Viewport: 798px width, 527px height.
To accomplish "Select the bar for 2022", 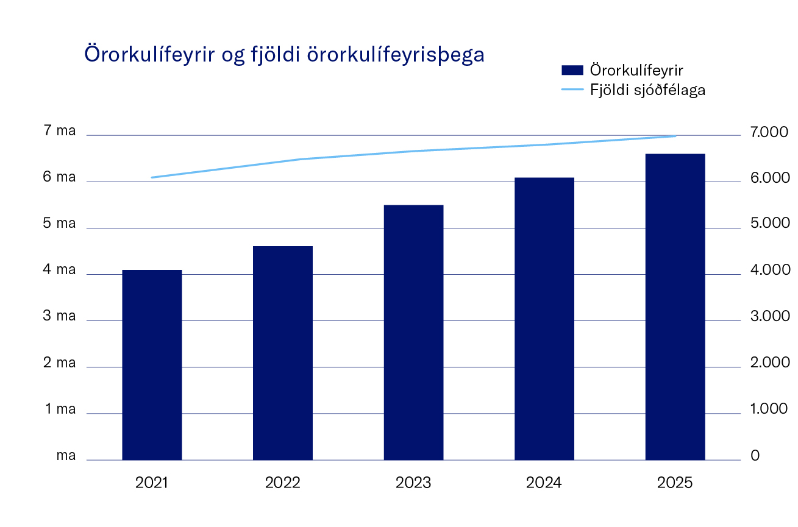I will point(283,353).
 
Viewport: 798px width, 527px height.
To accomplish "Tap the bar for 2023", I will point(413,332).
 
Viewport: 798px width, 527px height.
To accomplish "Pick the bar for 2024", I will point(544,319).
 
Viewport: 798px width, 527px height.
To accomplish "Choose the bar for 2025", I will point(675,306).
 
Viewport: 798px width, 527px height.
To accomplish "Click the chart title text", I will point(284,54).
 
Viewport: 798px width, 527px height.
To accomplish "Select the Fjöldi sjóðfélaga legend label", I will point(647,90).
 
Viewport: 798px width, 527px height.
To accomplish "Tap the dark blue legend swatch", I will point(572,70).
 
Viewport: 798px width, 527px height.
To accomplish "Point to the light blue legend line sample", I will point(572,90).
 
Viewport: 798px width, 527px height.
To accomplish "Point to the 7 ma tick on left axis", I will point(60,131).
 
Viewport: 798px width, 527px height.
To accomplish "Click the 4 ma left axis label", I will point(60,270).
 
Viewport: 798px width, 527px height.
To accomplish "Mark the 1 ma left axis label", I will point(60,409).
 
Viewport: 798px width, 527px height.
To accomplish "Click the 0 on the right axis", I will point(755,456).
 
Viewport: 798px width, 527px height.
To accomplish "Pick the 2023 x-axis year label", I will point(413,483).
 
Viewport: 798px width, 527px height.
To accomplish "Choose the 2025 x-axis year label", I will point(675,483).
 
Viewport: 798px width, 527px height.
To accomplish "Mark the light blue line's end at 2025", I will point(675,136).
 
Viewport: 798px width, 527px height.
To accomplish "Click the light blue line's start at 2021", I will point(152,177).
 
